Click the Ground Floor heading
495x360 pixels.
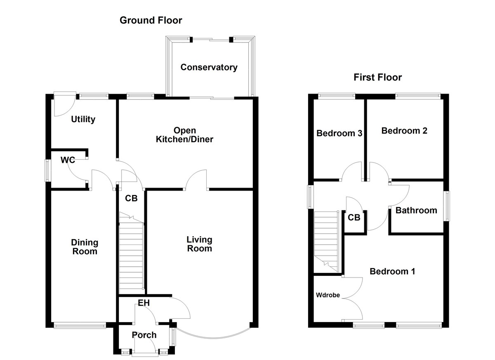point(151,20)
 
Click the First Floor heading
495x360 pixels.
point(377,77)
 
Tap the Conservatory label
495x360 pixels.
point(209,67)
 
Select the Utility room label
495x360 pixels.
point(83,119)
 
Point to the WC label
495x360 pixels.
point(68,160)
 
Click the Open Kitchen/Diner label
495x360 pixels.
point(184,134)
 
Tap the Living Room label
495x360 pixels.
point(199,244)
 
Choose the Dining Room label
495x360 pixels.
point(85,247)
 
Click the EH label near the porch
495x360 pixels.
point(144,303)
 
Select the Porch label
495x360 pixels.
point(144,335)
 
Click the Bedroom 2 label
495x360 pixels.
point(404,131)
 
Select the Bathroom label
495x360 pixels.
point(416,210)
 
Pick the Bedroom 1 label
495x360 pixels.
point(392,271)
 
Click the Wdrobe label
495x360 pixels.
point(328,295)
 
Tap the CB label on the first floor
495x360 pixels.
point(354,217)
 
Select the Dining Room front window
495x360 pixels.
point(80,325)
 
